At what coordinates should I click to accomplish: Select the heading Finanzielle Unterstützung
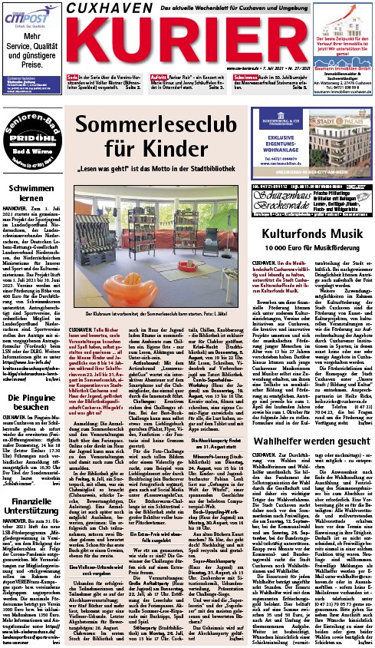click(x=31, y=468)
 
